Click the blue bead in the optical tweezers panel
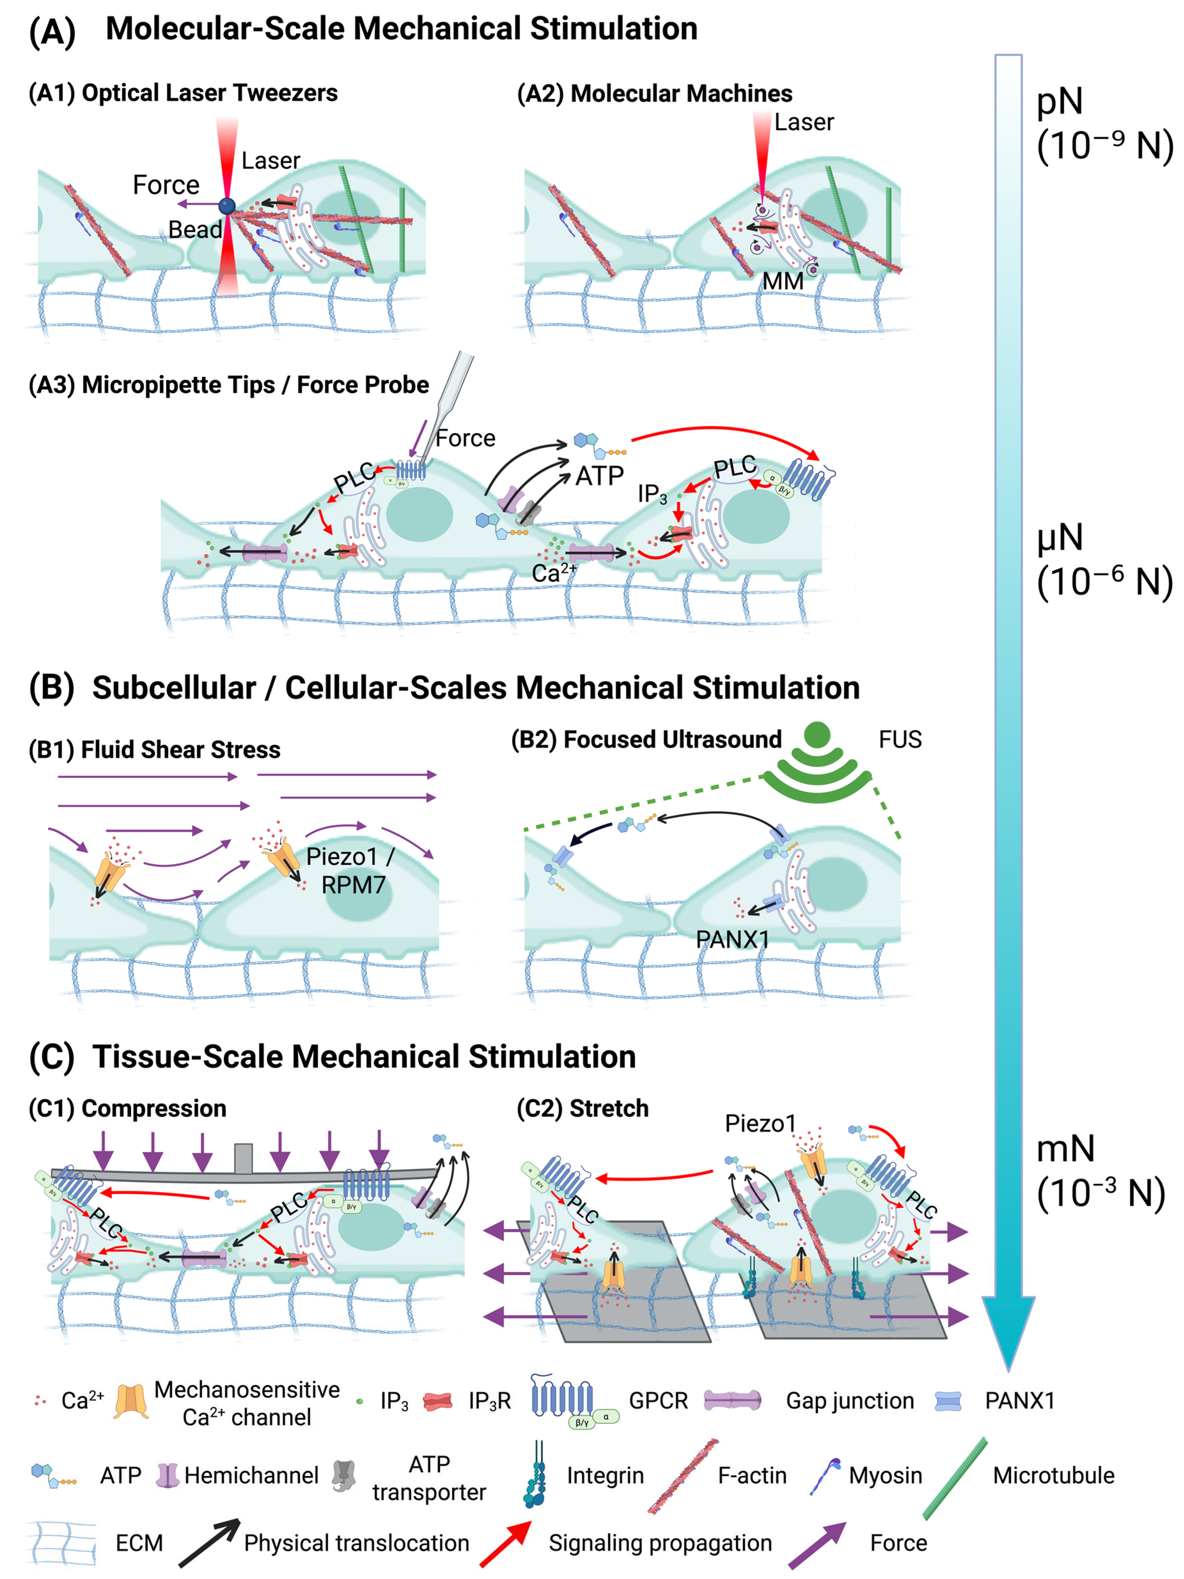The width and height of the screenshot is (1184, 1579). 227,206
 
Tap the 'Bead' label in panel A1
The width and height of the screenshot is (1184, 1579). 194,230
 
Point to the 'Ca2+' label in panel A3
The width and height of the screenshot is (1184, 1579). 553,573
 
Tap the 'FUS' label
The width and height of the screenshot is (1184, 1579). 900,740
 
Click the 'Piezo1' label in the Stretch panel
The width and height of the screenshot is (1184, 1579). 760,1124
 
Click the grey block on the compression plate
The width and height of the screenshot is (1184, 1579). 244,1158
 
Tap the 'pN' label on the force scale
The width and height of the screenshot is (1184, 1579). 1060,101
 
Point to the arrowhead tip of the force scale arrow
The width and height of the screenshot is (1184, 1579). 1008,1367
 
